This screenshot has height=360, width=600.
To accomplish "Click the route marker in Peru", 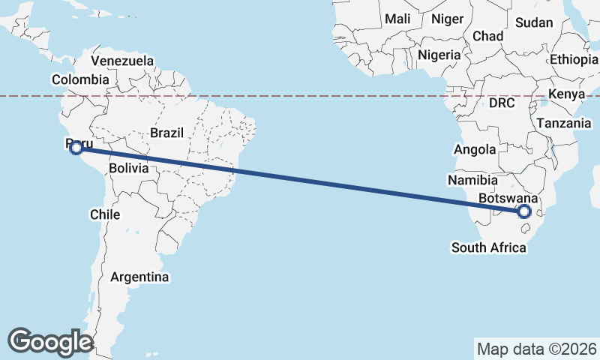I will click(x=76, y=148).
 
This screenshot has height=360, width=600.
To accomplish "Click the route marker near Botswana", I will click(x=524, y=211).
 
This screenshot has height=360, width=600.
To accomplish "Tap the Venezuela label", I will click(x=122, y=61).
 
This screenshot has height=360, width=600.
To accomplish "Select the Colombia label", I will click(x=80, y=79).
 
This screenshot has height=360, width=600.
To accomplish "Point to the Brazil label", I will click(x=166, y=133).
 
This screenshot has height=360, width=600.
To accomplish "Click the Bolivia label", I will click(x=128, y=169).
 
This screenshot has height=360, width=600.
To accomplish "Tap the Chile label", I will click(x=105, y=214).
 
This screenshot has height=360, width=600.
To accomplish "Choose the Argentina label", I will click(x=139, y=277).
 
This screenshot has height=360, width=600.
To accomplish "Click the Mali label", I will click(x=397, y=19).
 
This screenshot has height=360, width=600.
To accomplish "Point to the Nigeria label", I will click(x=439, y=55).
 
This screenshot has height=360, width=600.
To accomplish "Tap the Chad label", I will click(x=487, y=36).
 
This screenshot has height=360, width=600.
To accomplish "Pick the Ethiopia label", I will click(x=574, y=59).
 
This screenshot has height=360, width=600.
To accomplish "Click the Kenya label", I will click(x=566, y=94).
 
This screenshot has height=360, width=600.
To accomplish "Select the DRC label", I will click(x=502, y=103).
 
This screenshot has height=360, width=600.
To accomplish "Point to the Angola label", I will click(x=475, y=149).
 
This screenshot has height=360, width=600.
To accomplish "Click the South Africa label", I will click(x=488, y=247).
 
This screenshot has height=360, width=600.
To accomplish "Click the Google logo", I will click(x=50, y=341).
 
